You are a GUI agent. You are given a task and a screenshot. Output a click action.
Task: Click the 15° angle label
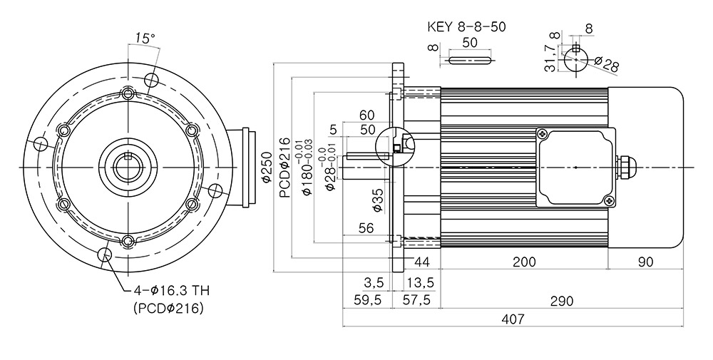pyautogui.click(x=145, y=38)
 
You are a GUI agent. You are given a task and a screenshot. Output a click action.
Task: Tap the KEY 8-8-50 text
pyautogui.click(x=466, y=26)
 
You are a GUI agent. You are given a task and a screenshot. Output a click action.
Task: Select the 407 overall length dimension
pyautogui.click(x=513, y=319)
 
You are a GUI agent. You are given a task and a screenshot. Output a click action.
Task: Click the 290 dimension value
pyautogui.click(x=562, y=300)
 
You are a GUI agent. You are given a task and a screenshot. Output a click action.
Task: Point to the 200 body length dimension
pyautogui.click(x=524, y=262)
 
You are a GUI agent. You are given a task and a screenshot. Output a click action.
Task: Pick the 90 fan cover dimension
pyautogui.click(x=645, y=262)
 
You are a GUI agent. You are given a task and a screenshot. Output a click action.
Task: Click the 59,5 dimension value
pyautogui.click(x=366, y=300)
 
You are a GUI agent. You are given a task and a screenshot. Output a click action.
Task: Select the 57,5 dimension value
pyautogui.click(x=416, y=300)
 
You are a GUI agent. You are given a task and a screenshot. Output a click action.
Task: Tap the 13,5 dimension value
pyautogui.click(x=420, y=283)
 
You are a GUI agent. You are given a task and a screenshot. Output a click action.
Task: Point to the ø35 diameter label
pyautogui.click(x=378, y=200)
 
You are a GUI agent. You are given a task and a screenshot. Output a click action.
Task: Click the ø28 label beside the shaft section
pyautogui.click(x=606, y=63)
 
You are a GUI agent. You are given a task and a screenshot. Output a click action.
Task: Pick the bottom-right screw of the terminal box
pyautogui.click(x=609, y=200)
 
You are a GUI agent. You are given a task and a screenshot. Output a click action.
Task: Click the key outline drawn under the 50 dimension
pyautogui.click(x=470, y=60)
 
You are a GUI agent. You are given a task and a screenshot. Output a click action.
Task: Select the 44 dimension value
pyautogui.click(x=421, y=262)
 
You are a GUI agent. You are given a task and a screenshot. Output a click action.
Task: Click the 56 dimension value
pyautogui.click(x=366, y=227)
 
